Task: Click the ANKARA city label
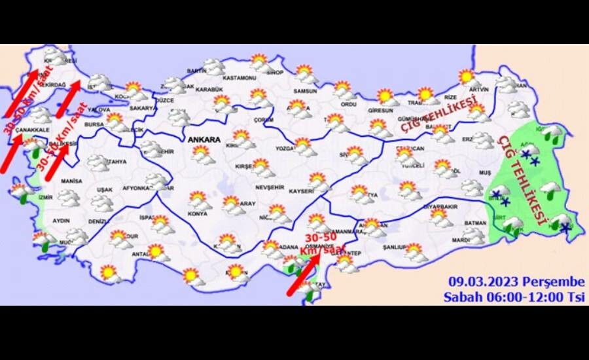204,139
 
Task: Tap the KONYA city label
198,213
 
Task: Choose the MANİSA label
71,181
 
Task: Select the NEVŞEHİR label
268,187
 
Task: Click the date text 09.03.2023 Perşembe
516,281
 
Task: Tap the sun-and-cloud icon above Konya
200,200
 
